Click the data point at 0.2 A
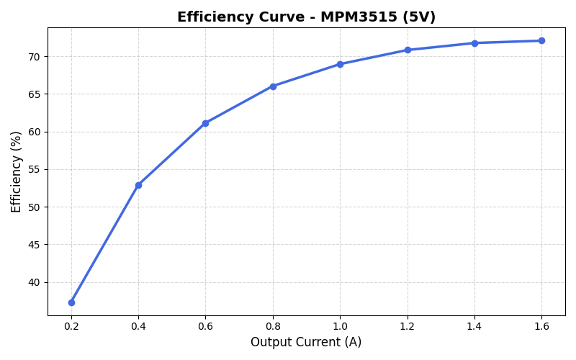[x=71, y=302]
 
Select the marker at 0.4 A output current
[x=138, y=185]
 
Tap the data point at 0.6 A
[x=205, y=123]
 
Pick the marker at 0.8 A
[x=273, y=86]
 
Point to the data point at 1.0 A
[x=340, y=64]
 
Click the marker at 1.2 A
[x=408, y=50]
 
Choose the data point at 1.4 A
[x=474, y=43]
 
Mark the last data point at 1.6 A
[x=541, y=40]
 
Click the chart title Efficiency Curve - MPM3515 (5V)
[x=306, y=17]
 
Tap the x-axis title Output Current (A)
[x=306, y=342]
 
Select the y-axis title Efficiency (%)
[x=17, y=171]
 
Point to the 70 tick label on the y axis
[x=34, y=57]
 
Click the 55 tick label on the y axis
[x=34, y=169]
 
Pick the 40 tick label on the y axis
[x=34, y=282]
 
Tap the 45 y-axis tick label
[x=34, y=245]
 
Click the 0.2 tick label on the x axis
[x=71, y=326]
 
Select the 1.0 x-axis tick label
[x=340, y=326]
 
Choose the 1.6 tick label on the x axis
[x=541, y=326]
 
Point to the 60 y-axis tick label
[x=34, y=132]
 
